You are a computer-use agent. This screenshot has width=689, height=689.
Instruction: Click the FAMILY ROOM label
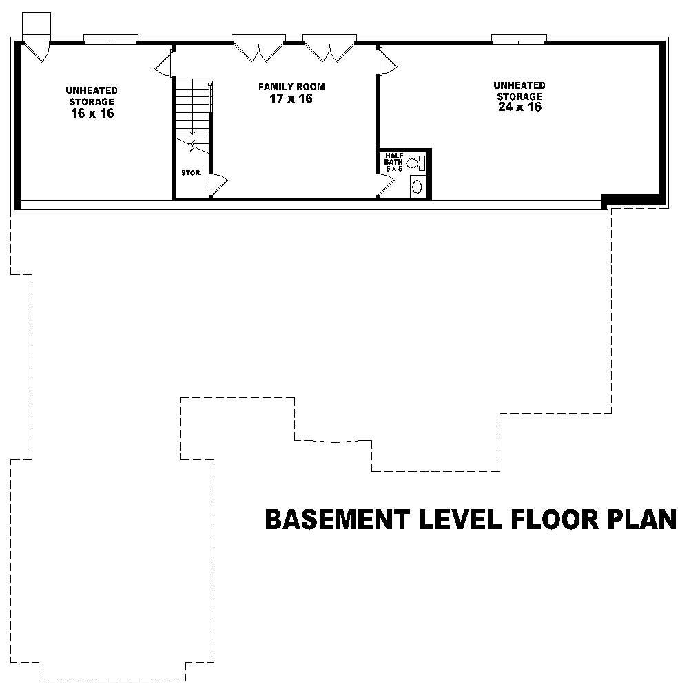click(291, 87)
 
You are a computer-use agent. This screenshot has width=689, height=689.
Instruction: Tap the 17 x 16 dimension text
click(291, 99)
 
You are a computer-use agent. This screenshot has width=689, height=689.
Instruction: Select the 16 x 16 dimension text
click(92, 114)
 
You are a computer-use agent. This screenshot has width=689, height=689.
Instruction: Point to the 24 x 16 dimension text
click(519, 107)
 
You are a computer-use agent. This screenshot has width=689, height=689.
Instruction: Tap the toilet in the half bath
click(413, 163)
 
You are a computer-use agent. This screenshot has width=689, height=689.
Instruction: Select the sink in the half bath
click(417, 187)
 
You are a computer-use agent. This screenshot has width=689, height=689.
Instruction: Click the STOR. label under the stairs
click(191, 173)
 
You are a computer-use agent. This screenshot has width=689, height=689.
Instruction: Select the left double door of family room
click(258, 50)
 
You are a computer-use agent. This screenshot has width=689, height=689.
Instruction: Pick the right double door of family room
click(329, 50)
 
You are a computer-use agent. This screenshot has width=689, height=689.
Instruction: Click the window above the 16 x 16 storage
click(111, 39)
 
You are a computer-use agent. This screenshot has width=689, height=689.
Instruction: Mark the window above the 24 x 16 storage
click(519, 39)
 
